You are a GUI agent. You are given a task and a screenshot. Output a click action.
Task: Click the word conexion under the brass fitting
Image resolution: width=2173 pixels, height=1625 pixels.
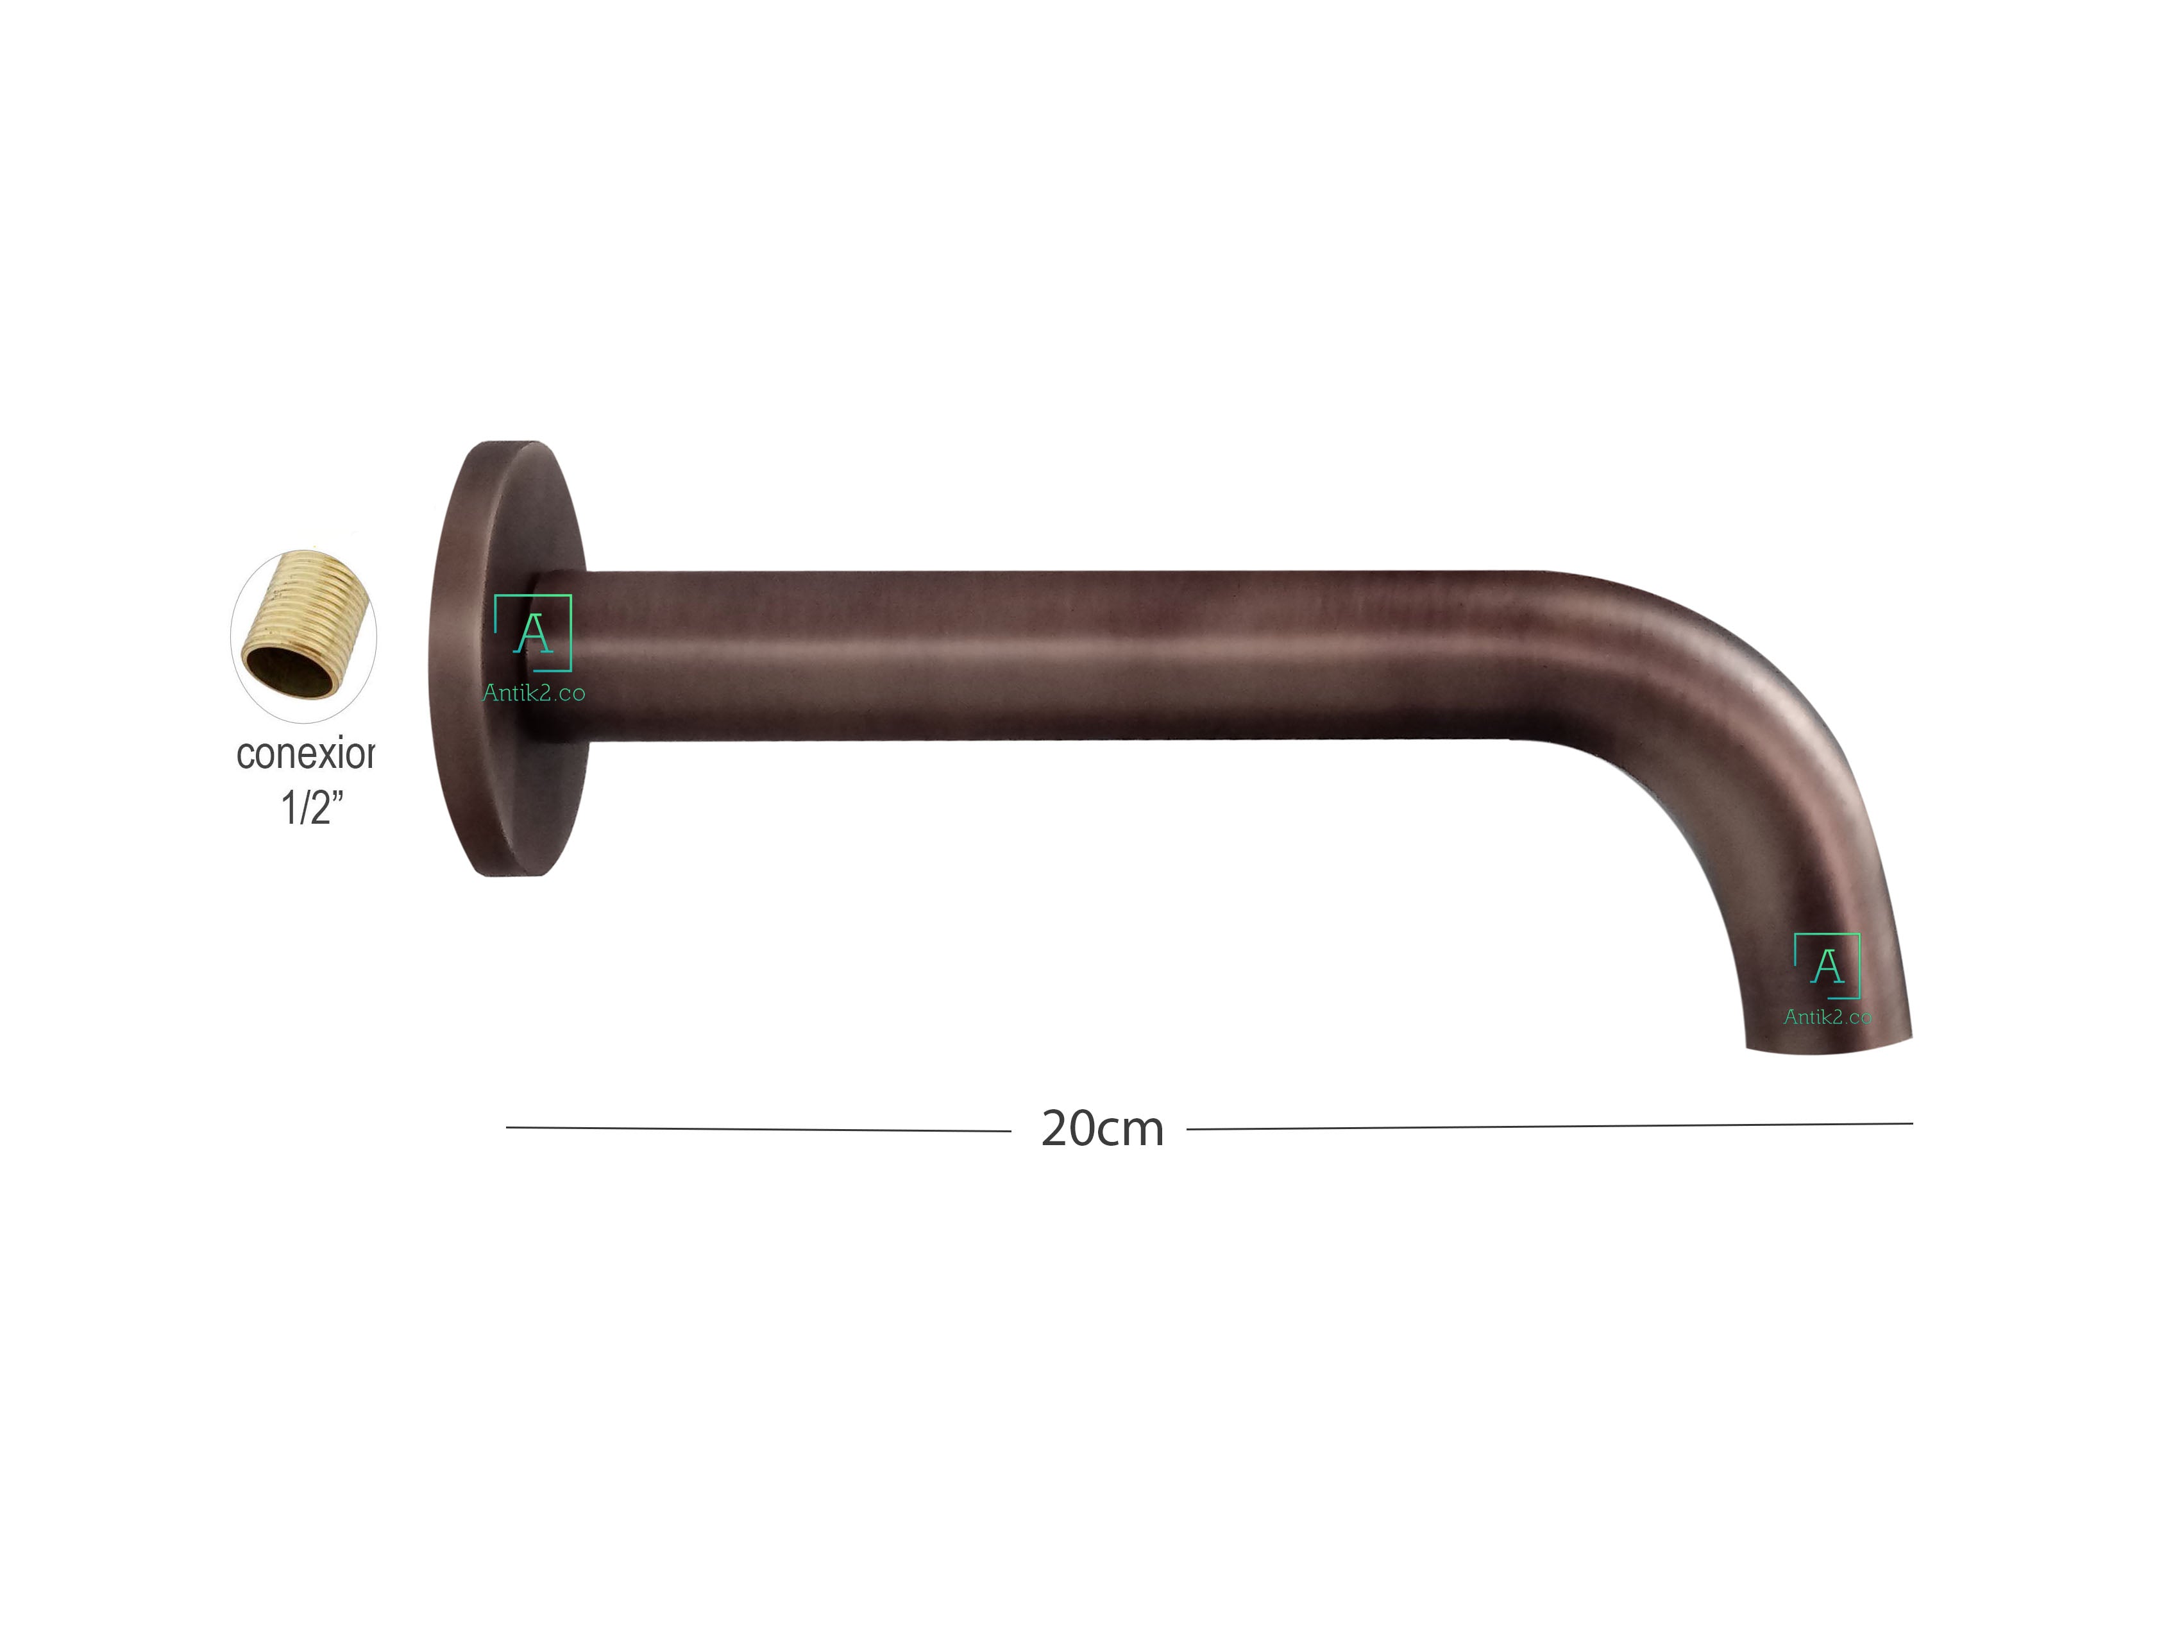point(305,754)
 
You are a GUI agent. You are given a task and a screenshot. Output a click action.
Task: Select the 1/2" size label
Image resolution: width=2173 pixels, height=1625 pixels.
point(312,808)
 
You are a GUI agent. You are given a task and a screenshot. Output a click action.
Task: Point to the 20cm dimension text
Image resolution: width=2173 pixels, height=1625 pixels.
point(1103,1129)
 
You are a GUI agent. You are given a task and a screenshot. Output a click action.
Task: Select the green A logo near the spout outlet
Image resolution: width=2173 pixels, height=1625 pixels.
point(1827,966)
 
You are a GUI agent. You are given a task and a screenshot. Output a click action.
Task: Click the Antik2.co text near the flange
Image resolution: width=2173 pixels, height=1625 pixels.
point(534,693)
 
